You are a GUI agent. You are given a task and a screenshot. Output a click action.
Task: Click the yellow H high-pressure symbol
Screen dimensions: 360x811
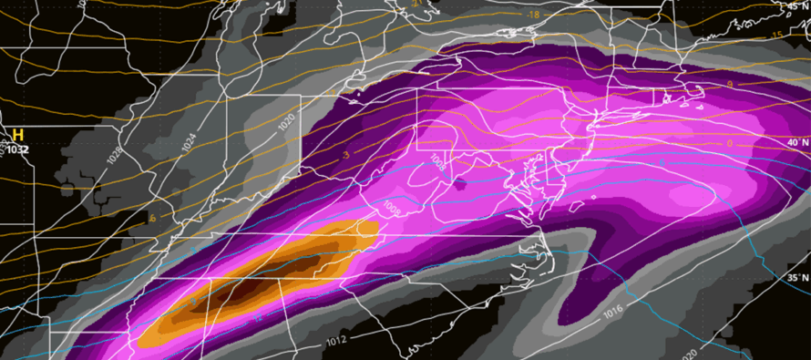[16, 135]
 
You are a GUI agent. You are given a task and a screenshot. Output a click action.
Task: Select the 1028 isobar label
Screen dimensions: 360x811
[116, 156]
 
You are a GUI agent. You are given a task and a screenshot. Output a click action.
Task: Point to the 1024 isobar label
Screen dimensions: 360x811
[186, 141]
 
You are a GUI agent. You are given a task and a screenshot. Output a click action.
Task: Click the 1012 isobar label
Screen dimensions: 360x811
[336, 342]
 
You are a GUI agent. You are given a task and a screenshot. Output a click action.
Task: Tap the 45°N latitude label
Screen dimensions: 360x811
[796, 6]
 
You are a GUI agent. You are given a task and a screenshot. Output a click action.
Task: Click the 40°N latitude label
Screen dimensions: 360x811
[796, 143]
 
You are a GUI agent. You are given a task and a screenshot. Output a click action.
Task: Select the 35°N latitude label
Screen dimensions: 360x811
[796, 278]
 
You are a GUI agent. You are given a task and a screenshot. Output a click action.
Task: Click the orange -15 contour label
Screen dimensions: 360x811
[776, 36]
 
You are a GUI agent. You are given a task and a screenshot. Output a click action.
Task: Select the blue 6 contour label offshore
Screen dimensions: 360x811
[662, 162]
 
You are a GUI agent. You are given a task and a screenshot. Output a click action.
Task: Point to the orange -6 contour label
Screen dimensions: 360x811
[152, 219]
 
